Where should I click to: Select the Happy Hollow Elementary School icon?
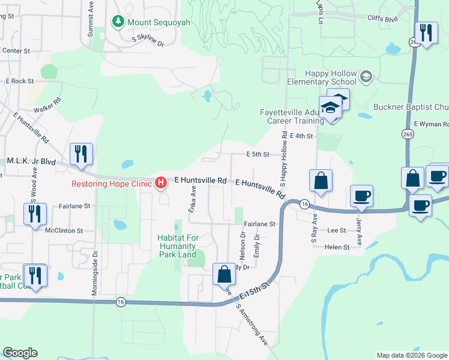[x=366, y=77]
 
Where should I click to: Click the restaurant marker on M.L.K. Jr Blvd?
[x=80, y=154]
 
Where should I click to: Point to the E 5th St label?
[x=258, y=154]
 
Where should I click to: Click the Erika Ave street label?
[x=193, y=199]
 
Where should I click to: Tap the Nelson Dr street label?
[x=243, y=243]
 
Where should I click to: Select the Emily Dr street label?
[x=256, y=245]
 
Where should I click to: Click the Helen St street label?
[x=337, y=247]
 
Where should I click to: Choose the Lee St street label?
[x=337, y=230]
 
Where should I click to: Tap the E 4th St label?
[x=301, y=136]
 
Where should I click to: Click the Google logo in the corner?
[x=20, y=353]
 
